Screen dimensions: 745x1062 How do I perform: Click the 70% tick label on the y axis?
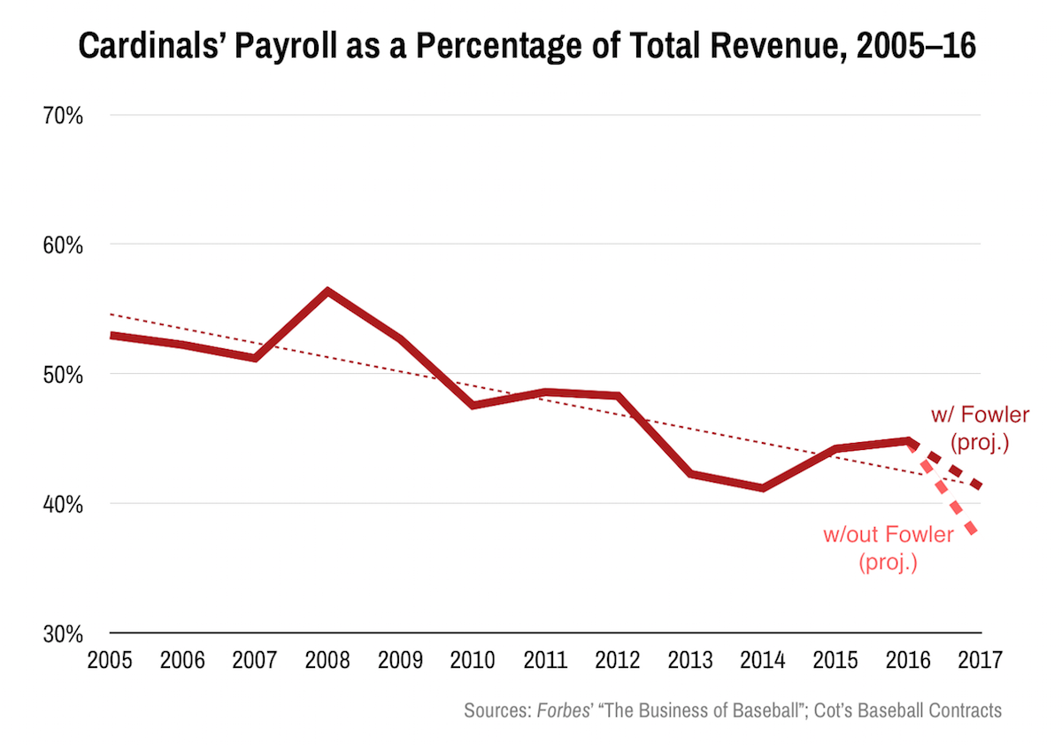(62, 115)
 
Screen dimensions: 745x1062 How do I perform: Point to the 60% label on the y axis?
(62, 244)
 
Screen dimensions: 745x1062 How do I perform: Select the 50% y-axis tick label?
(62, 374)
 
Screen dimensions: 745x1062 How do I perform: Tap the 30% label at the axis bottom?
(62, 634)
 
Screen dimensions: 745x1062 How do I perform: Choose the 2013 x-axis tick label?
(690, 661)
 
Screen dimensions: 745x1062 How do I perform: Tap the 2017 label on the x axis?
(980, 661)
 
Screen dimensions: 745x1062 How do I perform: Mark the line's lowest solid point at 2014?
(763, 488)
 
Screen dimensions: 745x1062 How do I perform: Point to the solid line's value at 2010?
(473, 405)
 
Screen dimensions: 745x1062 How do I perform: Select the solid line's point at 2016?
(908, 440)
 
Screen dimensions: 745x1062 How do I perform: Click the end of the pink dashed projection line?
(974, 532)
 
